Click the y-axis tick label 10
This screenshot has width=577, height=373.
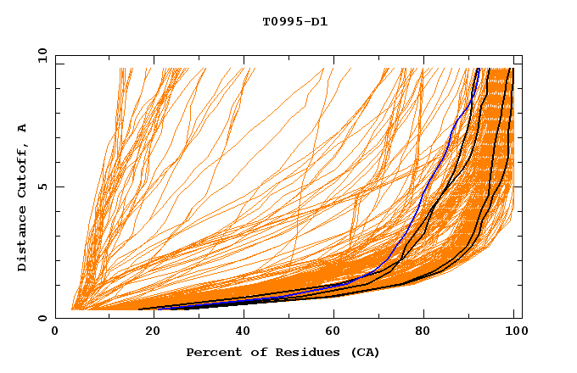point(41,55)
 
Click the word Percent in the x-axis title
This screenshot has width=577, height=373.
point(211,352)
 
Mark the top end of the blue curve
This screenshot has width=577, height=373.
point(478,69)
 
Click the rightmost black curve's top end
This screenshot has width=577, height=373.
point(513,69)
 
